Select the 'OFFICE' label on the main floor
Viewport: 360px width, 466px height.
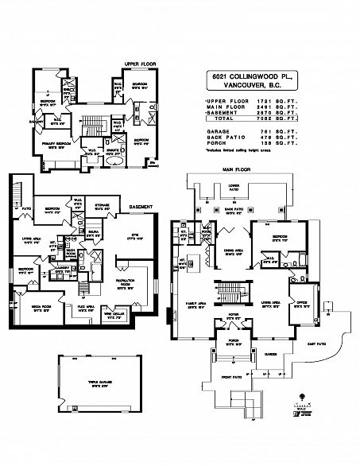302,301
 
